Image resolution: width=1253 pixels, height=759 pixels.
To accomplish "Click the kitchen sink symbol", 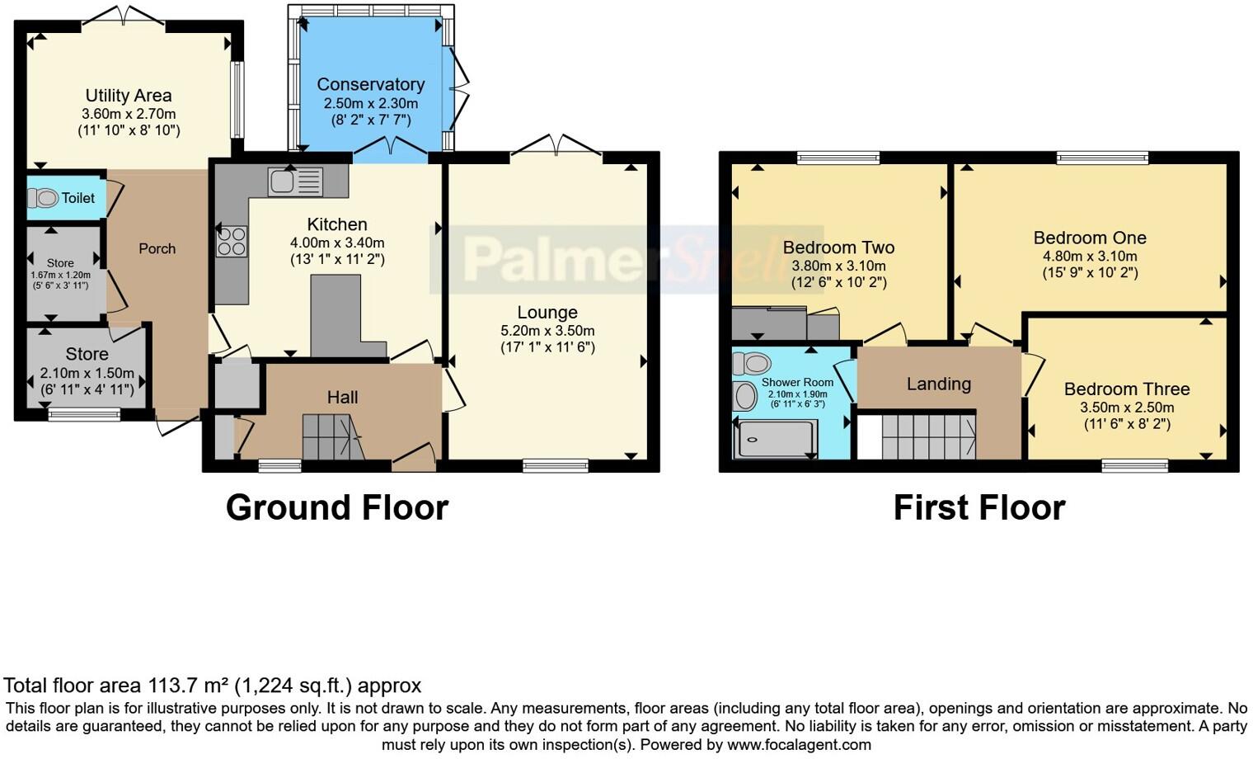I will [294, 181].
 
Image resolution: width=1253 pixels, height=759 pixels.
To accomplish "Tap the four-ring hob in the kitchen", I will [231, 241].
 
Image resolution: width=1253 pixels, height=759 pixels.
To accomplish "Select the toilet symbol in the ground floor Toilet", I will [43, 198].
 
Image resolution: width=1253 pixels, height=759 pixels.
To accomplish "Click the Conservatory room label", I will [370, 84].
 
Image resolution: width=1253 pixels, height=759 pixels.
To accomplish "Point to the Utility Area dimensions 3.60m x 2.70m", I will [129, 114].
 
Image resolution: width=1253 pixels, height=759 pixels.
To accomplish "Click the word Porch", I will [157, 248].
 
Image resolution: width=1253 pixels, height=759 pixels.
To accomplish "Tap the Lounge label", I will [547, 313].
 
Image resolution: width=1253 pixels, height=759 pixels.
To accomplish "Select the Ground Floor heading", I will [336, 507].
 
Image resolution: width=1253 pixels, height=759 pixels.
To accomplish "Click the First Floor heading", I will [978, 507].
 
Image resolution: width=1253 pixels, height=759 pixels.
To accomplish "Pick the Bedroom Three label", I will [1126, 389].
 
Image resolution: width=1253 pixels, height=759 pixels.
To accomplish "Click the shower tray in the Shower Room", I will [773, 439].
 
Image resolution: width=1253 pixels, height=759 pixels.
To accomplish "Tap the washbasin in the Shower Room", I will [745, 396].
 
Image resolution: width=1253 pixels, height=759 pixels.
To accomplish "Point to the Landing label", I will [938, 384].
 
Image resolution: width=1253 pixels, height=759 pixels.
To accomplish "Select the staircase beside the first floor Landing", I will [928, 436].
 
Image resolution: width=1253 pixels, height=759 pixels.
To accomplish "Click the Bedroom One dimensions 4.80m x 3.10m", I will [1089, 256].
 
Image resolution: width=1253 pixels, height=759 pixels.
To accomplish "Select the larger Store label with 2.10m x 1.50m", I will [87, 354].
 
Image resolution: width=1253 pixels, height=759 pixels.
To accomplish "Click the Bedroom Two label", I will [838, 247].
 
